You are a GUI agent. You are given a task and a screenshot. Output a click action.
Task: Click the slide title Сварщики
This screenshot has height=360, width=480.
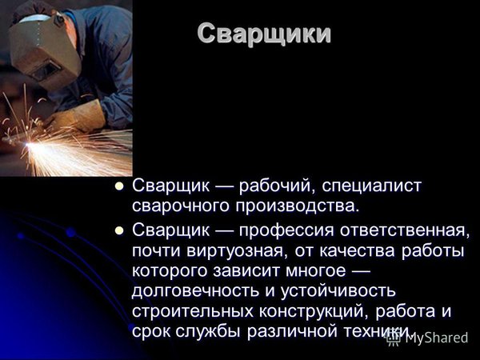264,34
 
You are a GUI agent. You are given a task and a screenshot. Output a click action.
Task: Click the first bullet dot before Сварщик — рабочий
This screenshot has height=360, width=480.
118,186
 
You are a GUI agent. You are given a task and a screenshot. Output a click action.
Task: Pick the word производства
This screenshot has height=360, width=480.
297,207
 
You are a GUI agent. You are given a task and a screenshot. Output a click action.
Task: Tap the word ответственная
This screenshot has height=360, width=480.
404,231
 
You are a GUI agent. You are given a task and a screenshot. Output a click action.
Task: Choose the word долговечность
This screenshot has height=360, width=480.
195,292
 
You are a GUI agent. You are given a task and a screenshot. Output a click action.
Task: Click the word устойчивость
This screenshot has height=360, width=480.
338,292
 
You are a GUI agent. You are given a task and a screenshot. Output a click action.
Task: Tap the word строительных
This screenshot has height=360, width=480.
193,312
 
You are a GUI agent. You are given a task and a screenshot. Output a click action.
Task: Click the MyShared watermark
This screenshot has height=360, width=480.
427,338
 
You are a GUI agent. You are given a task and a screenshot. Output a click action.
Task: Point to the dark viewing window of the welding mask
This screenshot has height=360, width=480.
44,70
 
